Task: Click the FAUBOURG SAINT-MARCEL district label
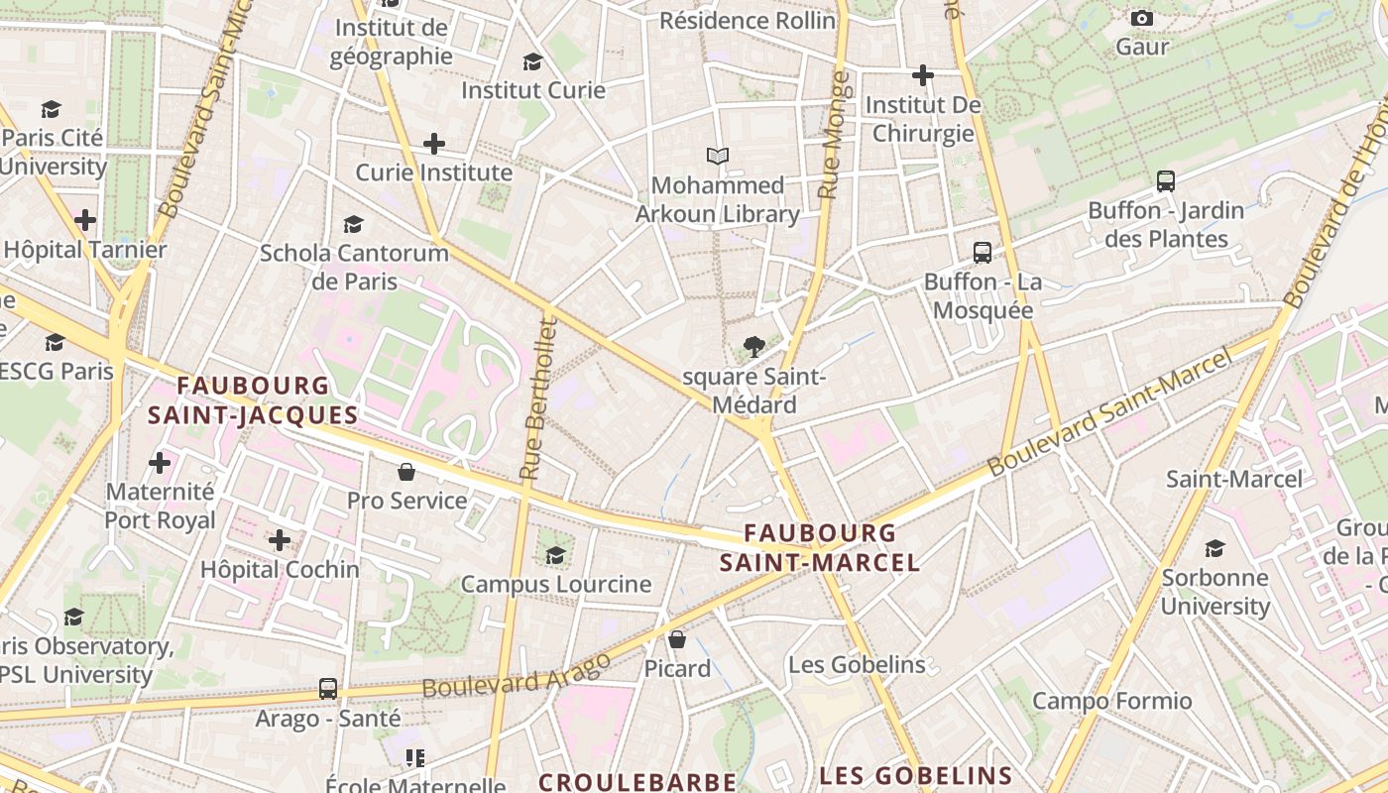pos(820,548)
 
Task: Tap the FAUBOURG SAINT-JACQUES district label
pos(253,399)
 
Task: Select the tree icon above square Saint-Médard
pos(753,347)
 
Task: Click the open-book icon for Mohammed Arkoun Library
pos(718,156)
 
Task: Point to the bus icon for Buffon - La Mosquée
pos(983,253)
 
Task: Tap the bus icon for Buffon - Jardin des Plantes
pos(1166,181)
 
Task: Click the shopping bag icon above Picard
pos(677,639)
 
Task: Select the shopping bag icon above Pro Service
pos(406,471)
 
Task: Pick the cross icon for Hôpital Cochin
pos(280,540)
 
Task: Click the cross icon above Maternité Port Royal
pos(160,462)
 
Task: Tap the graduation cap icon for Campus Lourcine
pos(556,554)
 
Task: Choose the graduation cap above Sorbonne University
pos(1214,548)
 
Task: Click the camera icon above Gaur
pos(1142,18)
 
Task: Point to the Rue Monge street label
pos(833,135)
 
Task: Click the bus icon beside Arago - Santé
pos(328,689)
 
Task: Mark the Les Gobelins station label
pos(857,664)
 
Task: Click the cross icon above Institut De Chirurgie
pos(923,75)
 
